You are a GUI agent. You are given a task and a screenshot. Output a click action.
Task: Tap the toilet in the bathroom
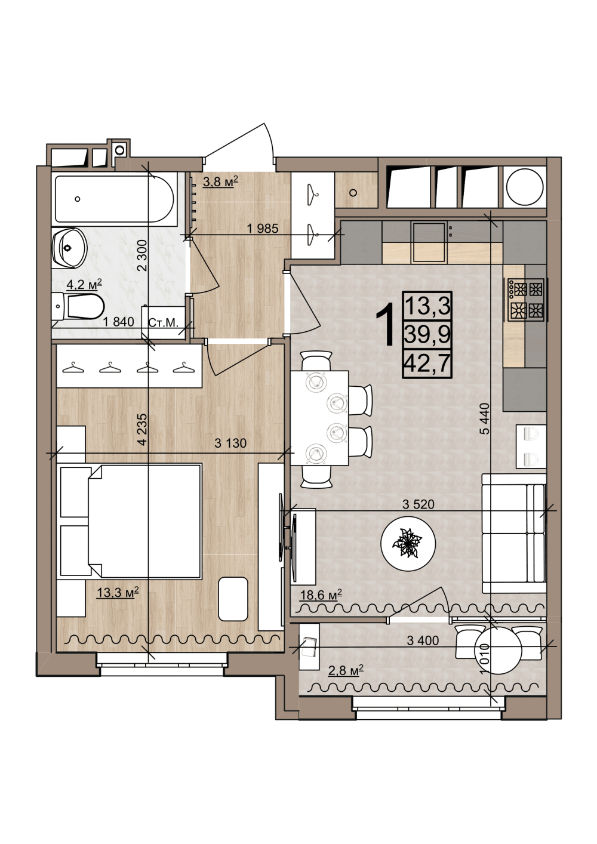tap(78, 306)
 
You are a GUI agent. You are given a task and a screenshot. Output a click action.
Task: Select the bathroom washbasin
tap(69, 248)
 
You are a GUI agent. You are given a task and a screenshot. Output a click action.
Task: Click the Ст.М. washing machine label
tap(163, 322)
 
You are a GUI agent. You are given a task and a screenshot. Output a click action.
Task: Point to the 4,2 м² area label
tap(84, 285)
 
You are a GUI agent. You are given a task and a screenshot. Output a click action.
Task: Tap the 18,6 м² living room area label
tap(321, 595)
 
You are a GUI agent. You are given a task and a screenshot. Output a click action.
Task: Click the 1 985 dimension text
tap(262, 229)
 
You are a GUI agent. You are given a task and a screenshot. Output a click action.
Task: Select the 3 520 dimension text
tap(418, 504)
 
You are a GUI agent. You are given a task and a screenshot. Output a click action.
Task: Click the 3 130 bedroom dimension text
tap(230, 443)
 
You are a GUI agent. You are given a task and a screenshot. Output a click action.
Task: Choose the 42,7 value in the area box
tap(427, 364)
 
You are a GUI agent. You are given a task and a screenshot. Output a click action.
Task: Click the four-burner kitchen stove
tap(526, 300)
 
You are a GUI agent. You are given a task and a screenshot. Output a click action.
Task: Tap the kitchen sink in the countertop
tap(429, 242)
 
